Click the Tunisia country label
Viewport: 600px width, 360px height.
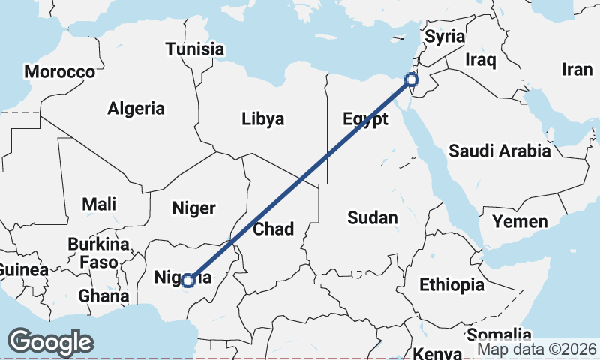[195, 49]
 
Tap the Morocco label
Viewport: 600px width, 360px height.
[59, 72]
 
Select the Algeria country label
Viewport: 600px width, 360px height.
[136, 108]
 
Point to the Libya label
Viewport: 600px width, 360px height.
[262, 118]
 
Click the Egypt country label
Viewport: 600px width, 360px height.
[365, 119]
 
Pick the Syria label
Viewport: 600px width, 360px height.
[445, 37]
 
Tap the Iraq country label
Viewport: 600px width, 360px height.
[481, 59]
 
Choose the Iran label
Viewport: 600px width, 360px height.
[577, 70]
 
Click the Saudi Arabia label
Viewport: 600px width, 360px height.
[499, 151]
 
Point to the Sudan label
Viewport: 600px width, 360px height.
[372, 217]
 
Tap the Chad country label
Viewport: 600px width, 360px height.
[273, 229]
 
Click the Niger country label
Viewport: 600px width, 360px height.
[193, 208]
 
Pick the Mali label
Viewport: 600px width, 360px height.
[99, 203]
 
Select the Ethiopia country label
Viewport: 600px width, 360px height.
[451, 284]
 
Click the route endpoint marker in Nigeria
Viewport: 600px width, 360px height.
[188, 280]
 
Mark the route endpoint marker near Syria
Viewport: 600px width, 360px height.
[411, 79]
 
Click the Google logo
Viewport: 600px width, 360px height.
[50, 342]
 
